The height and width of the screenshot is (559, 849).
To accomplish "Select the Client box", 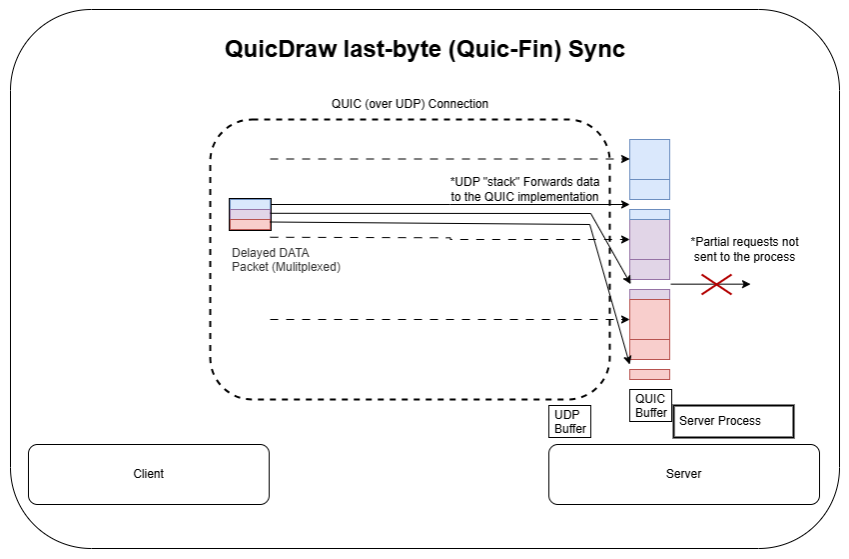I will coord(149,474).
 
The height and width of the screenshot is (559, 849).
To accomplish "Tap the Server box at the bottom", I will coord(683,474).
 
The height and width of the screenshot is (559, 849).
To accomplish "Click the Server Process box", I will coord(733,421).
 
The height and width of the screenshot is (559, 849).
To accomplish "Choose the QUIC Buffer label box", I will coord(650,405).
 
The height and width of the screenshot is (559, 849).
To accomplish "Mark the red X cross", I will coord(715,284).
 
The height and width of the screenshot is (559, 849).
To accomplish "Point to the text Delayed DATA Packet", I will coord(287,260).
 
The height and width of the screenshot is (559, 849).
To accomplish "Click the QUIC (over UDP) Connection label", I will coord(410,104).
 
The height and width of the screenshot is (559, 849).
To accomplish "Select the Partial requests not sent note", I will coord(744,249).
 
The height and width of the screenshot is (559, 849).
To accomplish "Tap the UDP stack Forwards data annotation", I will coord(524,190).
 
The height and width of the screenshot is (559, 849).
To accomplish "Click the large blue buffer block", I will coord(649,169).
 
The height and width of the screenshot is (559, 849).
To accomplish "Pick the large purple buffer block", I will coord(649,248).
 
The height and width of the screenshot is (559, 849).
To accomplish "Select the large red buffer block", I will coord(649,328).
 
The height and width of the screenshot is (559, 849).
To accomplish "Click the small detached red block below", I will coord(649,374).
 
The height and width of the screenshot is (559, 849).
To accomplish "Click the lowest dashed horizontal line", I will coord(439,320).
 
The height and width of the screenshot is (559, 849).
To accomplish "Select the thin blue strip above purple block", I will coord(649,214).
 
